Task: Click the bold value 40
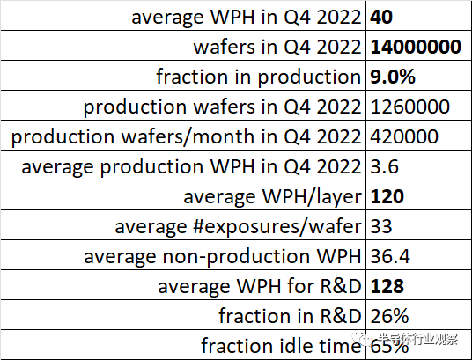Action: [x=381, y=17]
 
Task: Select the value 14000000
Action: [x=416, y=47]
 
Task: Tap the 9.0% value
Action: [x=393, y=77]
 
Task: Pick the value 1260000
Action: [x=409, y=107]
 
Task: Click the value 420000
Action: [x=404, y=136]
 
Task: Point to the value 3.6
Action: [x=384, y=166]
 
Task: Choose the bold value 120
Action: [x=387, y=196]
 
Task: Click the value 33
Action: [x=381, y=226]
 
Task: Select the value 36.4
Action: [x=390, y=256]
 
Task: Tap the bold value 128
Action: [x=387, y=286]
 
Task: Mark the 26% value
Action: [x=389, y=316]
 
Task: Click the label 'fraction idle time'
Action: [x=281, y=346]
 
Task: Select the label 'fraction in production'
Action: [x=258, y=77]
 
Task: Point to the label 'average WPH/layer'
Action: [x=272, y=197]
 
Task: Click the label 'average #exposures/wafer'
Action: [x=238, y=227]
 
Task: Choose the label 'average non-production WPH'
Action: [x=223, y=257]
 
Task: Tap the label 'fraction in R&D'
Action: [x=290, y=316]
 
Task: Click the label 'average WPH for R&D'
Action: [x=259, y=286]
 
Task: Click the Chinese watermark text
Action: [x=417, y=339]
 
